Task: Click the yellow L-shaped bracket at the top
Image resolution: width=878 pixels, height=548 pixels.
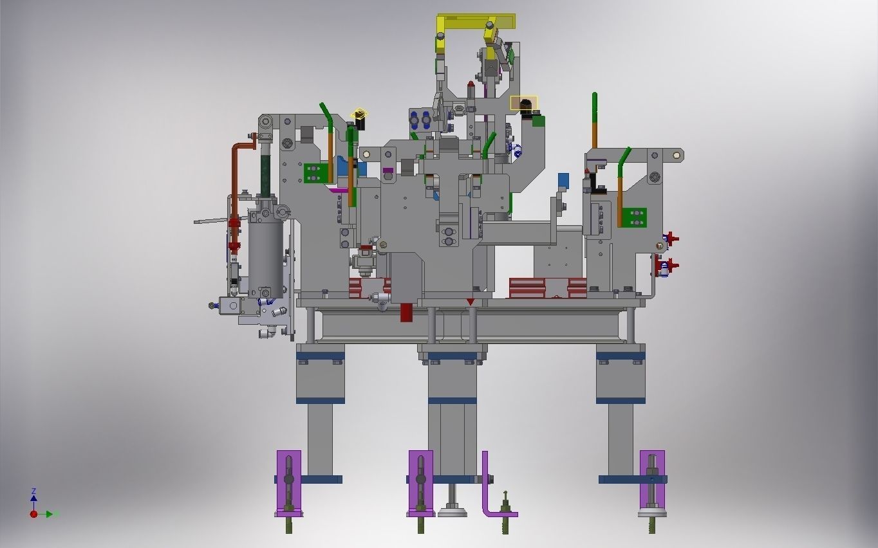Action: pos(476,22)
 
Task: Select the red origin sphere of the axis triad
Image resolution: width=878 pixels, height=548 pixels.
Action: pos(33,514)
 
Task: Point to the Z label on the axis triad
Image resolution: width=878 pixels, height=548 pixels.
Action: pos(33,491)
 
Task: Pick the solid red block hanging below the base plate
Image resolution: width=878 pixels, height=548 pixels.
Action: pos(406,312)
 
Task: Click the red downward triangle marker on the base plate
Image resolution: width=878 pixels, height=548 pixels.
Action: pos(471,302)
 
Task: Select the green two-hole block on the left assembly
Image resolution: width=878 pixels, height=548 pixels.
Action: pos(315,173)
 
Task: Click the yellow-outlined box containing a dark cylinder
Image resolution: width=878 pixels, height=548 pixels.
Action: pos(524,104)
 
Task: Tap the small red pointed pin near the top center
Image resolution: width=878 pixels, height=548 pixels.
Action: pos(471,84)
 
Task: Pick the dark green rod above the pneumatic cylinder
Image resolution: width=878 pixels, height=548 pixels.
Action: pos(265,170)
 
